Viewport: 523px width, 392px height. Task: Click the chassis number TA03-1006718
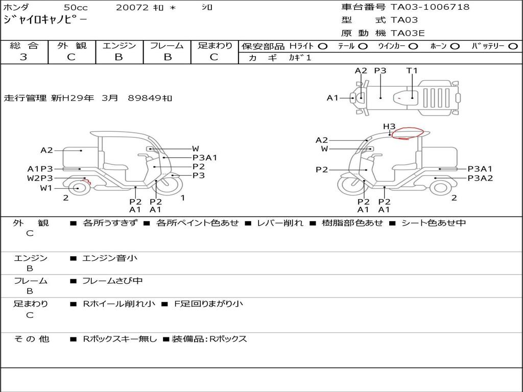coord(430,7)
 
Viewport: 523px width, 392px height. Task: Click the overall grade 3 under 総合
coord(23,57)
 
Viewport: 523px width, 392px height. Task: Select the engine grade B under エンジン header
coord(118,57)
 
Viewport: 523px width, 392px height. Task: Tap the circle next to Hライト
coord(323,46)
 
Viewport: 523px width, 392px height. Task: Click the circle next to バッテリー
coord(513,46)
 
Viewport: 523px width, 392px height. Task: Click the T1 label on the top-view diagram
coord(412,70)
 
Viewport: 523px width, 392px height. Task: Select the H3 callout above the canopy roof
coord(389,127)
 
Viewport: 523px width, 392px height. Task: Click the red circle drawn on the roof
coord(408,133)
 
